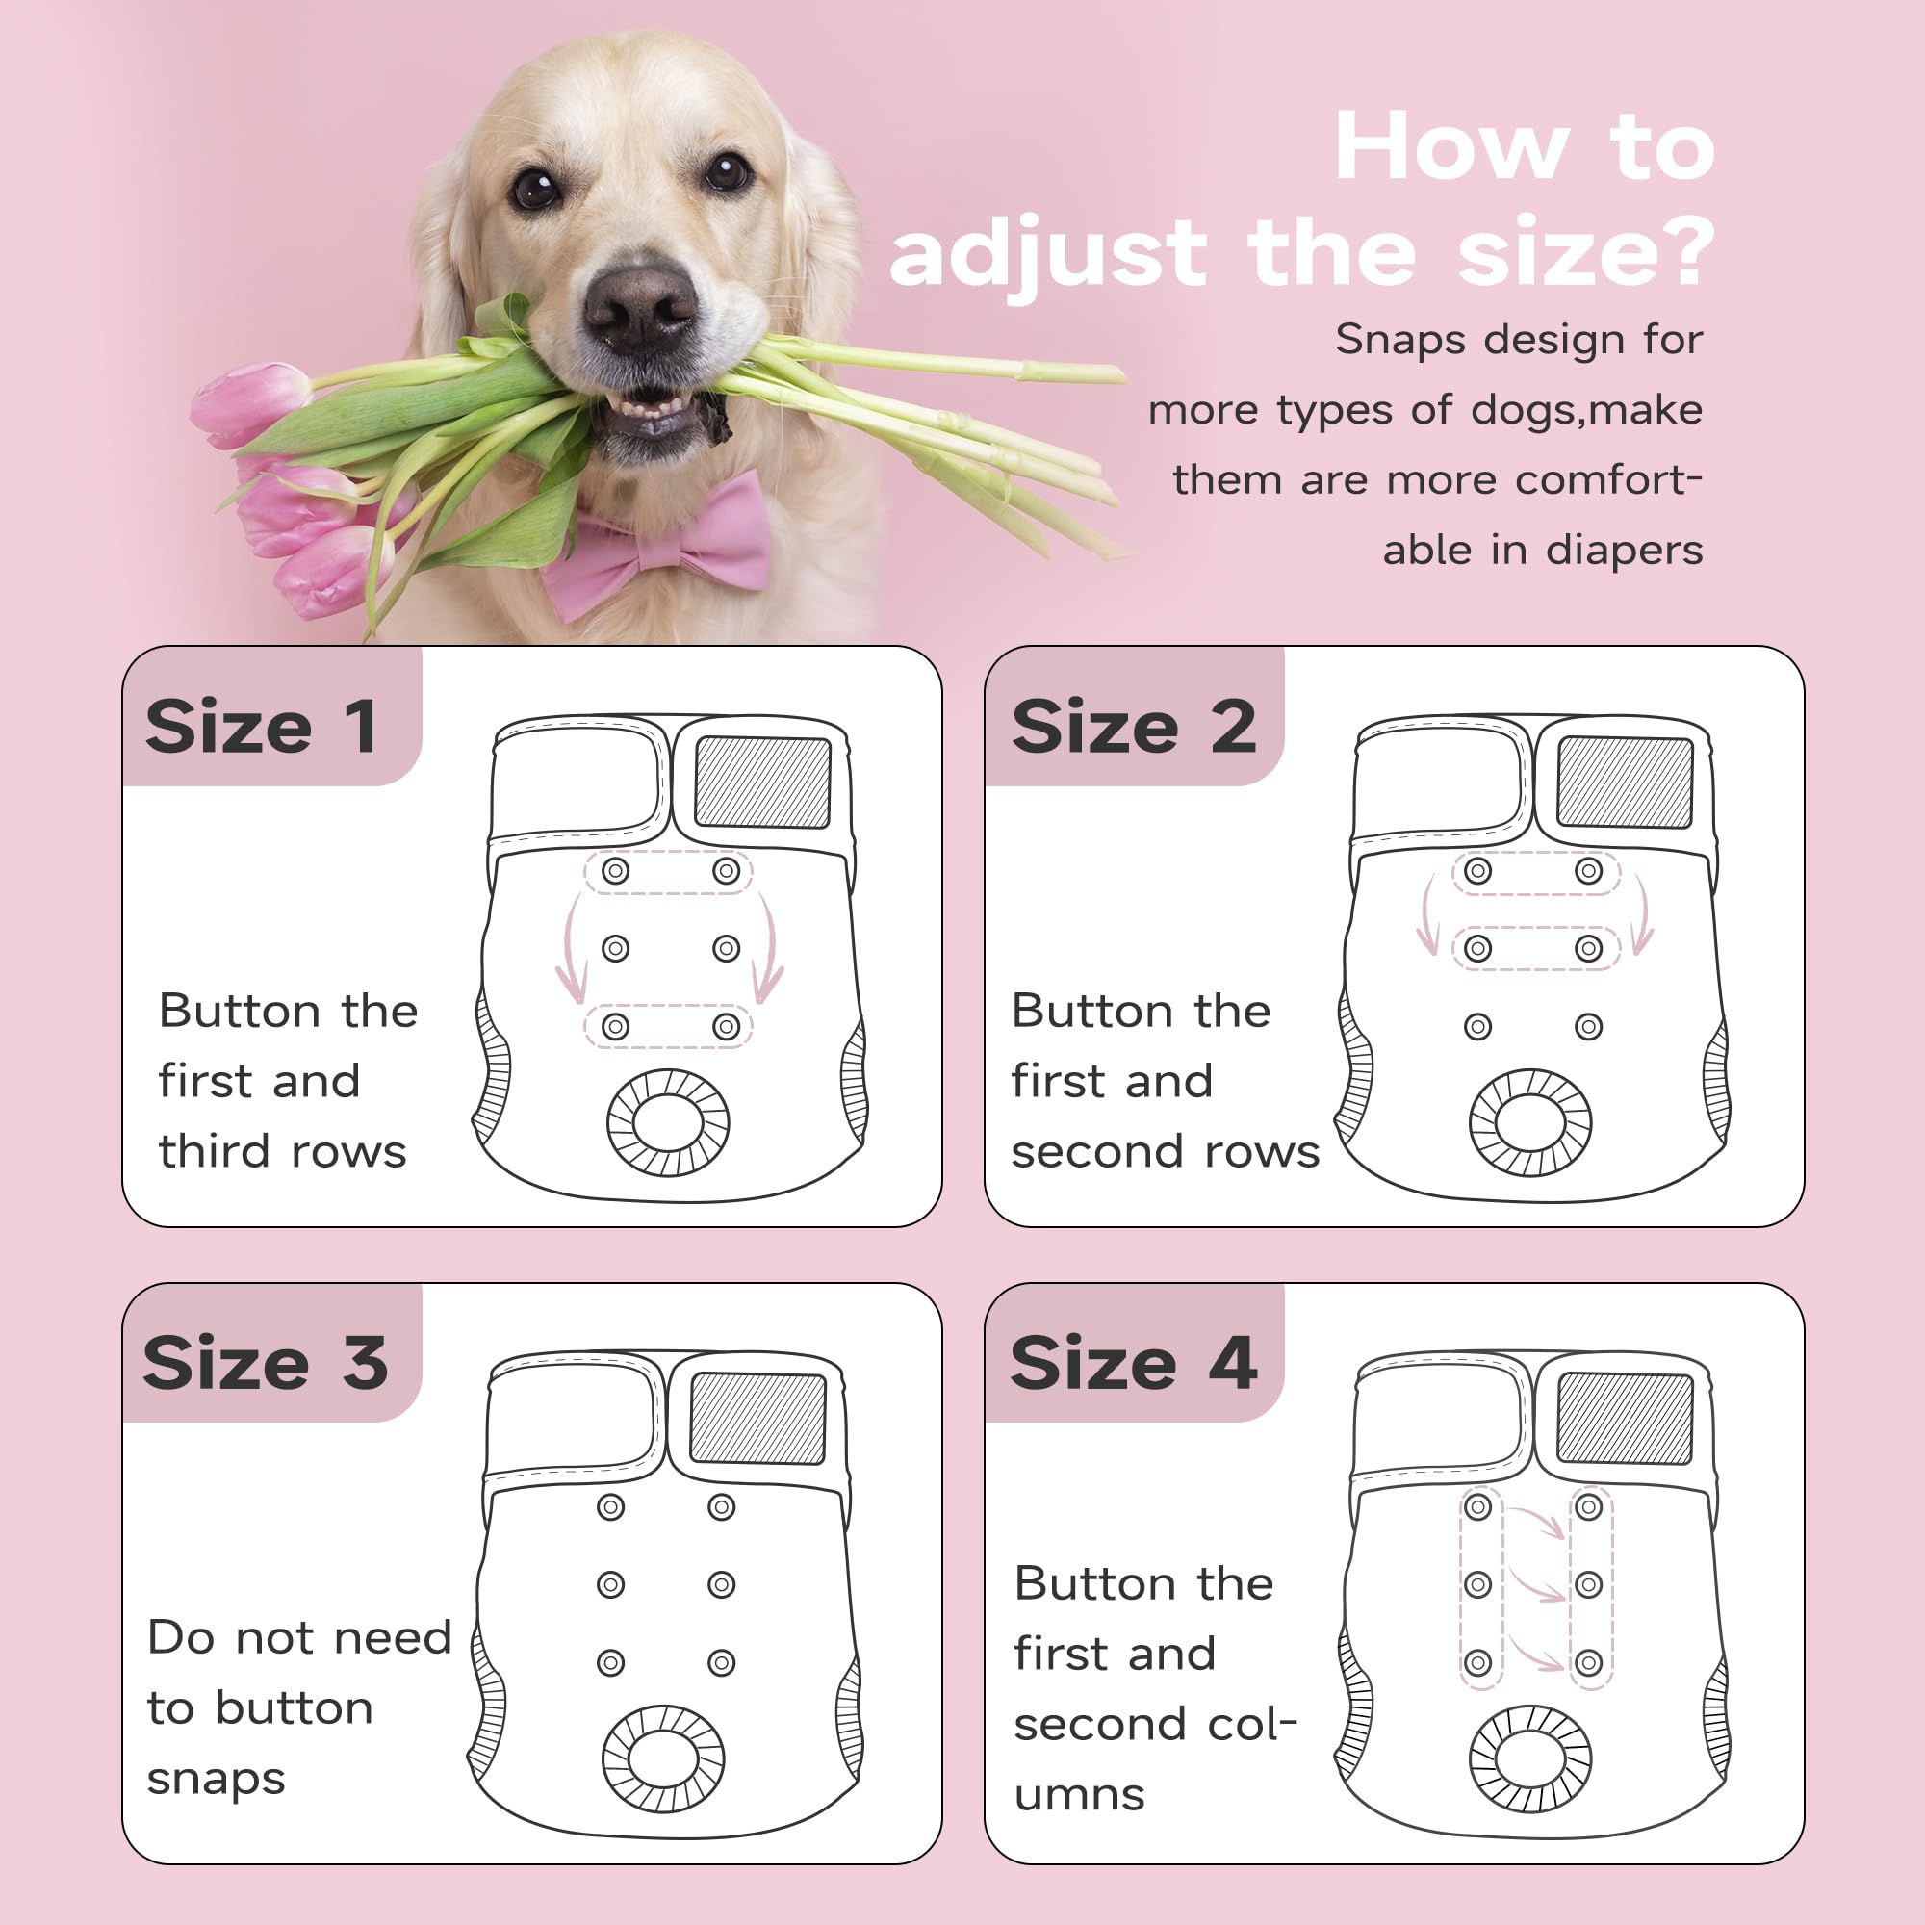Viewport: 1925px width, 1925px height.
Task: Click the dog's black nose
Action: (640, 305)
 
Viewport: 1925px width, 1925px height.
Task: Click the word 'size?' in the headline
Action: (1585, 252)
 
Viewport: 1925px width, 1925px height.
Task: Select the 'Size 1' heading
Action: (262, 727)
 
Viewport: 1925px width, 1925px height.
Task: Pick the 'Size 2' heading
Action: (1134, 727)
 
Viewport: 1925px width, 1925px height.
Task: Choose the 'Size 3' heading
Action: (265, 1362)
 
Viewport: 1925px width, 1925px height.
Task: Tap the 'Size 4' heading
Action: (1134, 1362)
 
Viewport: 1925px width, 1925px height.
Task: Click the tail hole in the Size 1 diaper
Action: (669, 1122)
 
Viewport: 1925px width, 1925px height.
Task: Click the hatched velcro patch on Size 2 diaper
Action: (1625, 783)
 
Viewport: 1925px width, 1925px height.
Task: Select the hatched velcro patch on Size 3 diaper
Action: (758, 1419)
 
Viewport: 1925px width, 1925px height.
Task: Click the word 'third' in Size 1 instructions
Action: (214, 1151)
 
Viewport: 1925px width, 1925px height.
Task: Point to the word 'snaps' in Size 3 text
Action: (217, 1781)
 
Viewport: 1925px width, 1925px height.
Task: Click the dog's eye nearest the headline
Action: (727, 171)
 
